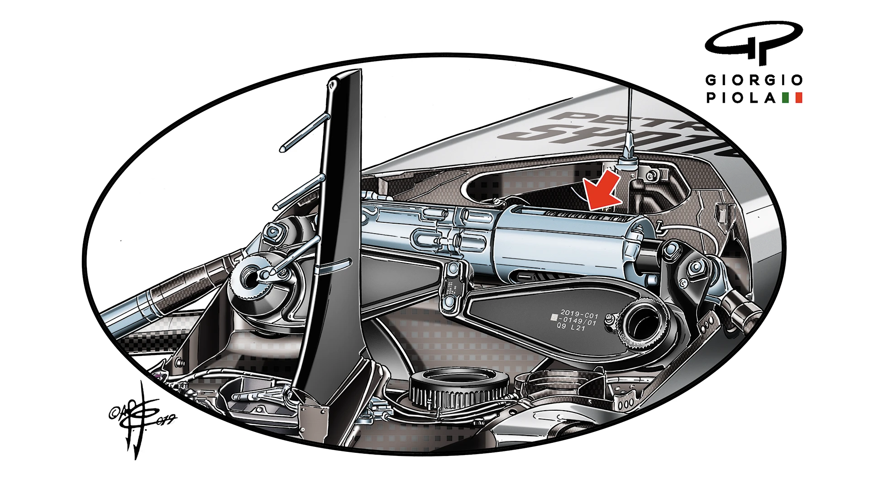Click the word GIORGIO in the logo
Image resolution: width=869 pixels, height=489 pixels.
click(x=754, y=81)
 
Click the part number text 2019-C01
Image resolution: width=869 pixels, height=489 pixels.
click(x=579, y=314)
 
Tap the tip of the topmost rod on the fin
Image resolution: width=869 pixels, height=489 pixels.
click(x=282, y=149)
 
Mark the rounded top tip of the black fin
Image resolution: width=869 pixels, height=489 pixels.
click(x=333, y=84)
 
